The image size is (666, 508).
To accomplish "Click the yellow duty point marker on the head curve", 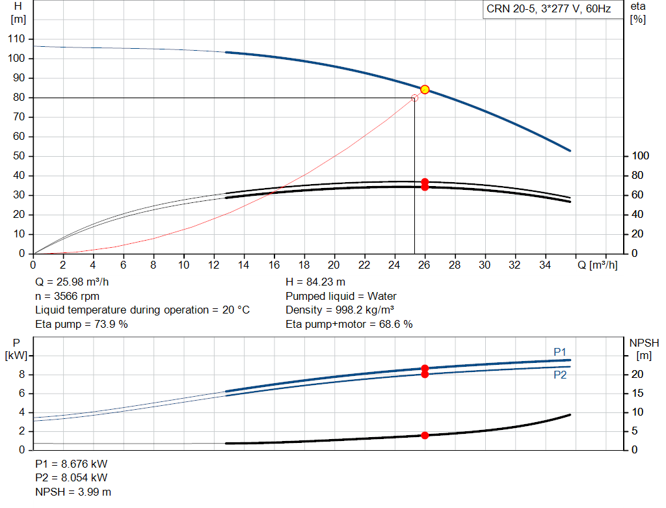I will pyautogui.click(x=425, y=89).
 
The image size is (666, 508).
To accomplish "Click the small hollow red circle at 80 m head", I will pyautogui.click(x=414, y=98).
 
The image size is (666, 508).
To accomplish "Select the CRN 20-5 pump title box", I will pyautogui.click(x=548, y=10).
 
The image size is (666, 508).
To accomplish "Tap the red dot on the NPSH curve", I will pyautogui.click(x=425, y=435).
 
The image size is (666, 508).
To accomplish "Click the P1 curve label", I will pyautogui.click(x=560, y=352).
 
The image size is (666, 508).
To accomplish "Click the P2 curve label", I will pyautogui.click(x=560, y=375).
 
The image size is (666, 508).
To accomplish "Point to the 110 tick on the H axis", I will pyautogui.click(x=16, y=39).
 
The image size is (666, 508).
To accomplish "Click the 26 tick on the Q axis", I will pyautogui.click(x=425, y=265).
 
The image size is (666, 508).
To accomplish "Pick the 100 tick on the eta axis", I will pyautogui.click(x=641, y=156).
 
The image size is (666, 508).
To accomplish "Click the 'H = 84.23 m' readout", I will pyautogui.click(x=315, y=282).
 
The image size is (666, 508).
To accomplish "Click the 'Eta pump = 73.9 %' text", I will pyautogui.click(x=81, y=323).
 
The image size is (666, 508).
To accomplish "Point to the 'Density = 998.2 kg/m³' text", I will pyautogui.click(x=340, y=310).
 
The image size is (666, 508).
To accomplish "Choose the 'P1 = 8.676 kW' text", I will pyautogui.click(x=72, y=464).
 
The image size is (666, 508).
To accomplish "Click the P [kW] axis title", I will pyautogui.click(x=16, y=349).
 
